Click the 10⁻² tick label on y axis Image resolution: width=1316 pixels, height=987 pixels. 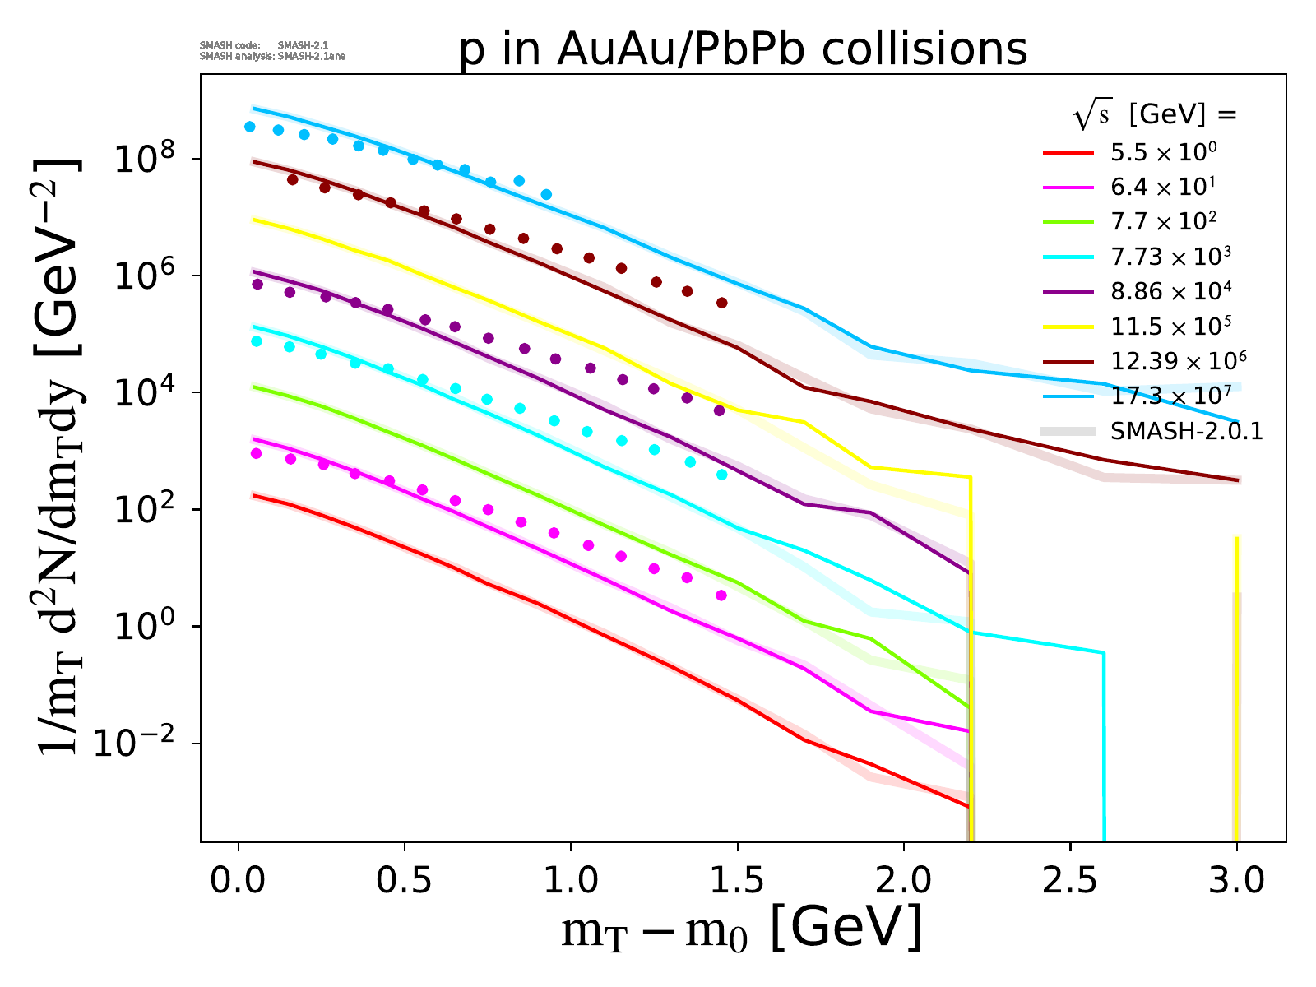click(x=136, y=744)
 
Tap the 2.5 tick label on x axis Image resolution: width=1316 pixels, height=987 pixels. click(x=1069, y=879)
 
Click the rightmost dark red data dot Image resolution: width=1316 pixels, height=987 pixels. click(x=721, y=303)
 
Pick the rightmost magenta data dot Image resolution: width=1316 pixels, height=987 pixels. click(x=721, y=595)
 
